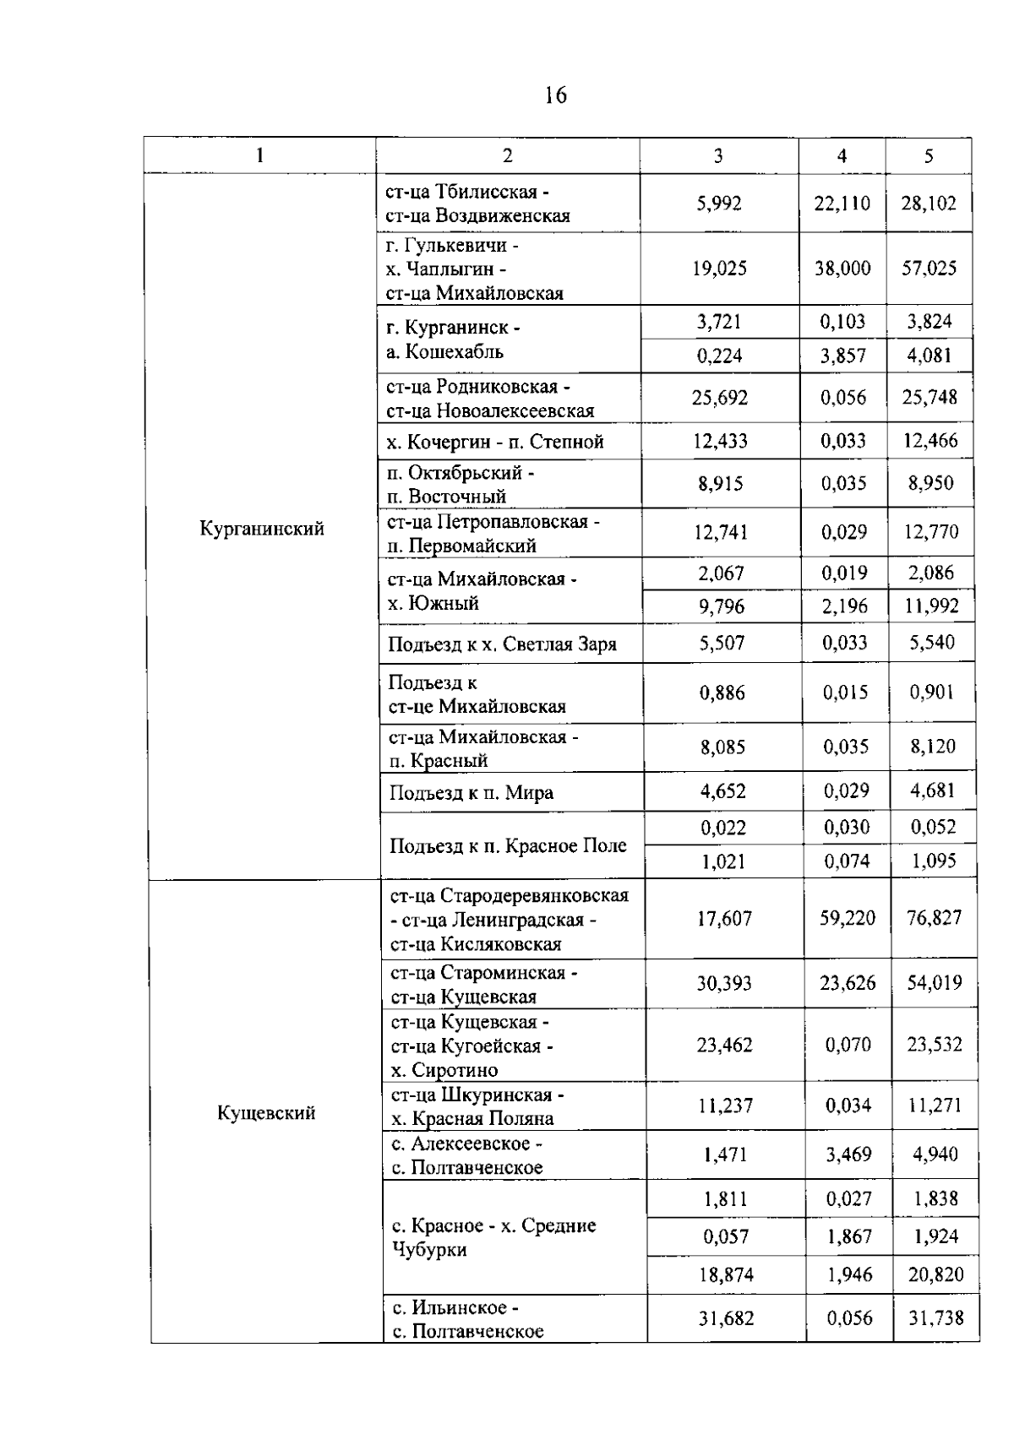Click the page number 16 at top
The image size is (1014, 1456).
pyautogui.click(x=555, y=96)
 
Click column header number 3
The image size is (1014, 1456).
pyautogui.click(x=718, y=155)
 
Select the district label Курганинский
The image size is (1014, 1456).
pyautogui.click(x=262, y=530)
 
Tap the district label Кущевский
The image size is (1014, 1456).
pyautogui.click(x=266, y=1112)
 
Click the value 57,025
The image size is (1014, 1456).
pyautogui.click(x=929, y=269)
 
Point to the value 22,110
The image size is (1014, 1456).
pyautogui.click(x=842, y=204)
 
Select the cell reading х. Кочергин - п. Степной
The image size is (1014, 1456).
pyautogui.click(x=495, y=442)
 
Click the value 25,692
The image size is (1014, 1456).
pyautogui.click(x=720, y=398)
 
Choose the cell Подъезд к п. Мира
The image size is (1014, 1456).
pyautogui.click(x=472, y=793)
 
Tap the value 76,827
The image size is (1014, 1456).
pyautogui.click(x=934, y=918)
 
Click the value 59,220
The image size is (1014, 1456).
pyautogui.click(x=847, y=918)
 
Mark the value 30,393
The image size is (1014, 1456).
pyautogui.click(x=724, y=983)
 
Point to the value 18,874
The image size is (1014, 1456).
pyautogui.click(x=726, y=1274)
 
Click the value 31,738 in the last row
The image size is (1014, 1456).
pyautogui.click(x=935, y=1318)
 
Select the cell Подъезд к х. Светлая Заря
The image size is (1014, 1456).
pyautogui.click(x=502, y=644)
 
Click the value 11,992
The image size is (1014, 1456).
pyautogui.click(x=932, y=606)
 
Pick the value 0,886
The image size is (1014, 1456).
pyautogui.click(x=722, y=693)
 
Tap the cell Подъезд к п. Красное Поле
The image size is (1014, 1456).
pyautogui.click(x=508, y=845)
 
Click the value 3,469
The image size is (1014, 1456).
pyautogui.click(x=848, y=1154)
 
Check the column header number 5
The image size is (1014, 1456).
pyautogui.click(x=929, y=155)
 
